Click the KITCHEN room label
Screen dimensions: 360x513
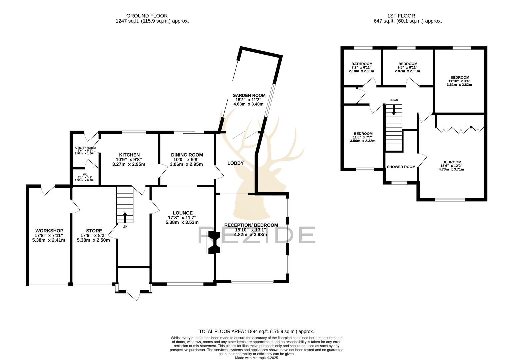[x=129, y=155]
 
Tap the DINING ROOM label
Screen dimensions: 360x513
[x=187, y=155]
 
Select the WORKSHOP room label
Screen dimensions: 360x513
[x=49, y=231]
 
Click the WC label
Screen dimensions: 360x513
[x=85, y=174]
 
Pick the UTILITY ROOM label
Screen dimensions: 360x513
[x=85, y=148]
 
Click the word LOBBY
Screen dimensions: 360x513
[x=235, y=163]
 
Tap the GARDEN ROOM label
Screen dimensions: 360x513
[x=249, y=95]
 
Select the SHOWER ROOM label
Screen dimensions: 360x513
[x=401, y=167]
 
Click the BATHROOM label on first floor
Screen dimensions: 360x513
[x=362, y=64]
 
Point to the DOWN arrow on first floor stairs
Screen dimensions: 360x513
[x=394, y=110]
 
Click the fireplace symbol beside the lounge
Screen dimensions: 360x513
[x=214, y=244]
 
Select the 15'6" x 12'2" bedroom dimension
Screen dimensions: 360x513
[x=452, y=166]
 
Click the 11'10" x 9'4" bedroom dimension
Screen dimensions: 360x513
[x=459, y=81]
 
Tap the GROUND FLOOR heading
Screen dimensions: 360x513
[x=147, y=16]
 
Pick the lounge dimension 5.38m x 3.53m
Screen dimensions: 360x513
[x=182, y=222]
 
